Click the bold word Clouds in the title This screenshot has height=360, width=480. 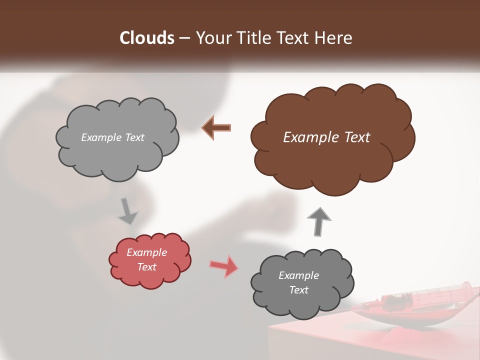click(147, 38)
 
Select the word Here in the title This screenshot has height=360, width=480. click(333, 38)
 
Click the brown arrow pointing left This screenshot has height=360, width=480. click(216, 128)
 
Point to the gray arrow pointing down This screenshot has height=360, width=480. click(128, 210)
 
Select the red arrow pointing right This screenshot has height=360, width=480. click(223, 266)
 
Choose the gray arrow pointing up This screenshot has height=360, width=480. click(319, 220)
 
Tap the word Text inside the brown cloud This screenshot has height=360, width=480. click(357, 137)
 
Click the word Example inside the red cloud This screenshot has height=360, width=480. click(146, 252)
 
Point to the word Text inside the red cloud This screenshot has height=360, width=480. click(146, 267)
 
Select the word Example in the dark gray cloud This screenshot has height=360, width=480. click(298, 275)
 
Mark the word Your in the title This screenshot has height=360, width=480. click(211, 38)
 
